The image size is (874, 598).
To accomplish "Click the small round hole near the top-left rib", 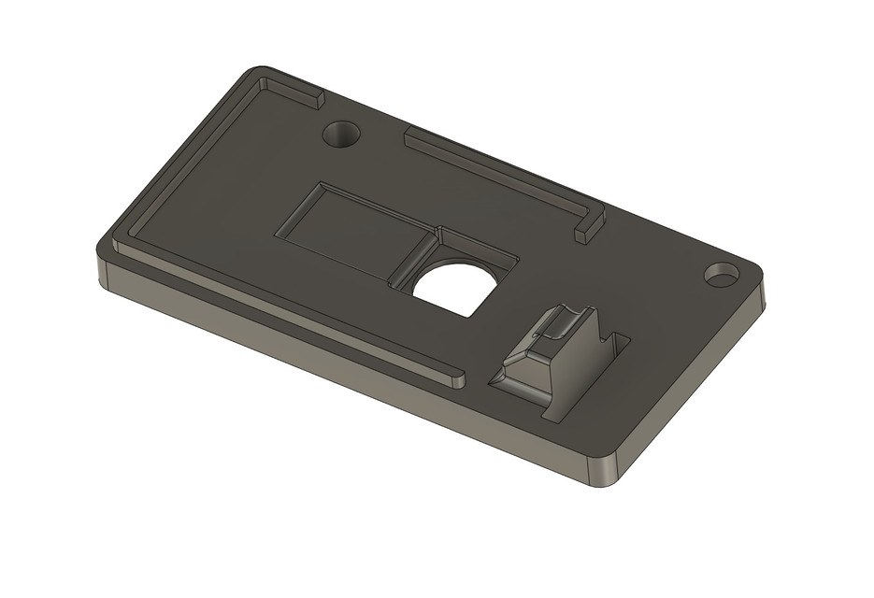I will coord(341,134).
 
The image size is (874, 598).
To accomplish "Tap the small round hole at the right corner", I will coord(721,275).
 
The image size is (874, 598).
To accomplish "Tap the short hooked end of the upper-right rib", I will coord(588,227).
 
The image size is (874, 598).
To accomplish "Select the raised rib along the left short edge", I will coord(187,159).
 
